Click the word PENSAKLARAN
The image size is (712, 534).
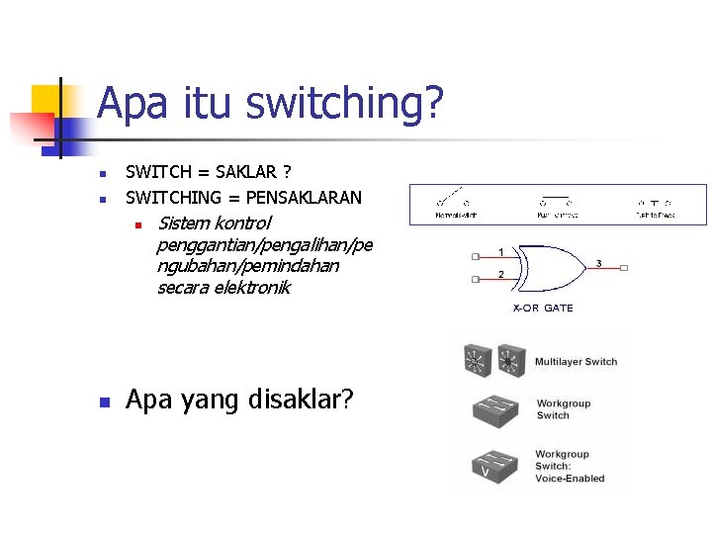click(304, 197)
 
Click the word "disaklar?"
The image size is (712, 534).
click(303, 400)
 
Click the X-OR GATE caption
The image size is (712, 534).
click(542, 308)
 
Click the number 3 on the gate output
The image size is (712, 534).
click(598, 263)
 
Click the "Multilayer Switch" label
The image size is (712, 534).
click(576, 362)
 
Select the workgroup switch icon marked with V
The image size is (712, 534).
click(491, 466)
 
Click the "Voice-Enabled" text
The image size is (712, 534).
click(570, 479)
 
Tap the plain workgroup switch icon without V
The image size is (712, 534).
click(491, 410)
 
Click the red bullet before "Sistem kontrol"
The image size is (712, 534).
click(140, 223)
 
